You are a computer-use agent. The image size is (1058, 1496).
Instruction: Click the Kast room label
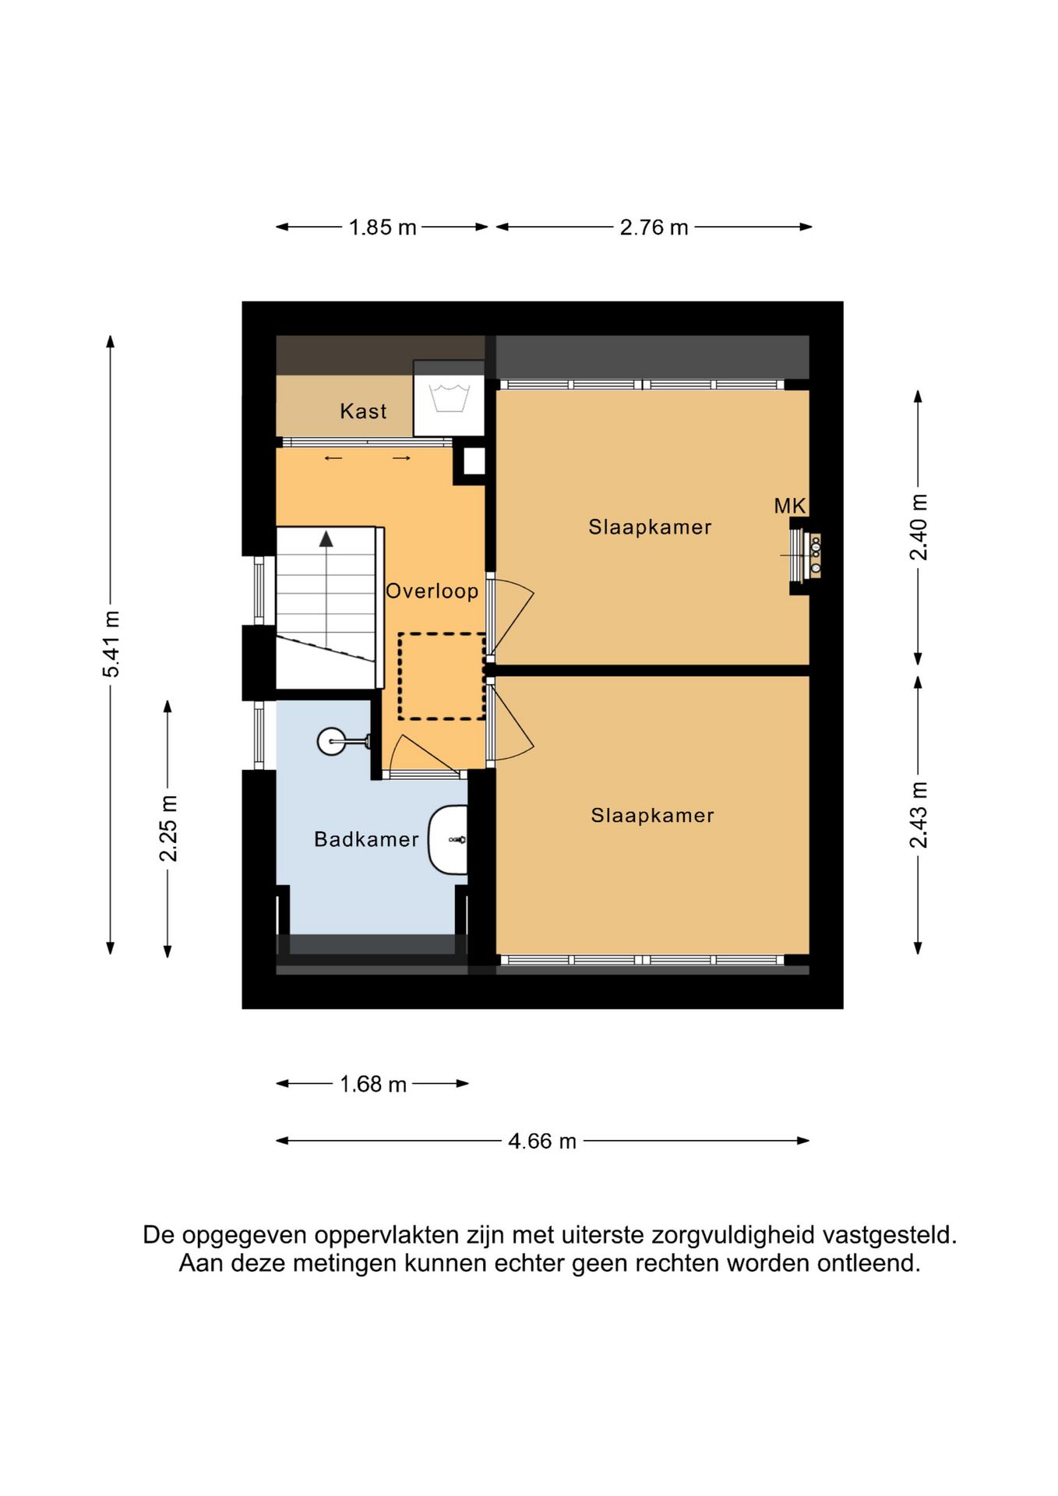[x=363, y=411]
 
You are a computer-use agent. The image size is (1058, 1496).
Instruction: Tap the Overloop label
[x=432, y=591]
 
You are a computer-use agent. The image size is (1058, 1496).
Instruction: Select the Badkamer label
[x=366, y=839]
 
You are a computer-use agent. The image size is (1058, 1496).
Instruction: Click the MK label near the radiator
[x=789, y=506]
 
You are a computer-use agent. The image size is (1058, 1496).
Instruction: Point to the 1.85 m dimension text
[x=383, y=228]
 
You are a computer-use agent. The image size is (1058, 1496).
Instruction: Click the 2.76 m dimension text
[x=654, y=228]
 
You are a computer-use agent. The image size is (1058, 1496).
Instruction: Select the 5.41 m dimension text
[x=111, y=644]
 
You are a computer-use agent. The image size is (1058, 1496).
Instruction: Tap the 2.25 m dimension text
[x=168, y=828]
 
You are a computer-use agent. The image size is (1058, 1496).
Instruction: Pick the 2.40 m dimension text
[x=919, y=527]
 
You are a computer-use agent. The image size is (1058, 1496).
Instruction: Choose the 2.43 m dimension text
[x=919, y=815]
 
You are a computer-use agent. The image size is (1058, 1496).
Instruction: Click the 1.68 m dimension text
[x=373, y=1084]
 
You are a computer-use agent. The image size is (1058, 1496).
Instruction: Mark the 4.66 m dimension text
[x=542, y=1141]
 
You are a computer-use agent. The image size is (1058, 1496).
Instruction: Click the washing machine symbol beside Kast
[x=449, y=398]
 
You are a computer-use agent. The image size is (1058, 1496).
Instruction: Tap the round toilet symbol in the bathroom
[x=343, y=741]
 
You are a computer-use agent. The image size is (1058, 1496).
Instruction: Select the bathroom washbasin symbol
[x=448, y=840]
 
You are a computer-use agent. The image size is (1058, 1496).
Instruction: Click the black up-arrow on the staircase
[x=326, y=538]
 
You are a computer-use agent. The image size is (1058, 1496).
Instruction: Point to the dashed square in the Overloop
[x=442, y=676]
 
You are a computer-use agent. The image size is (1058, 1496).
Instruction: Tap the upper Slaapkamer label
[x=650, y=527]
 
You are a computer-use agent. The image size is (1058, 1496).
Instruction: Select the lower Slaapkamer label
[x=652, y=816]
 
